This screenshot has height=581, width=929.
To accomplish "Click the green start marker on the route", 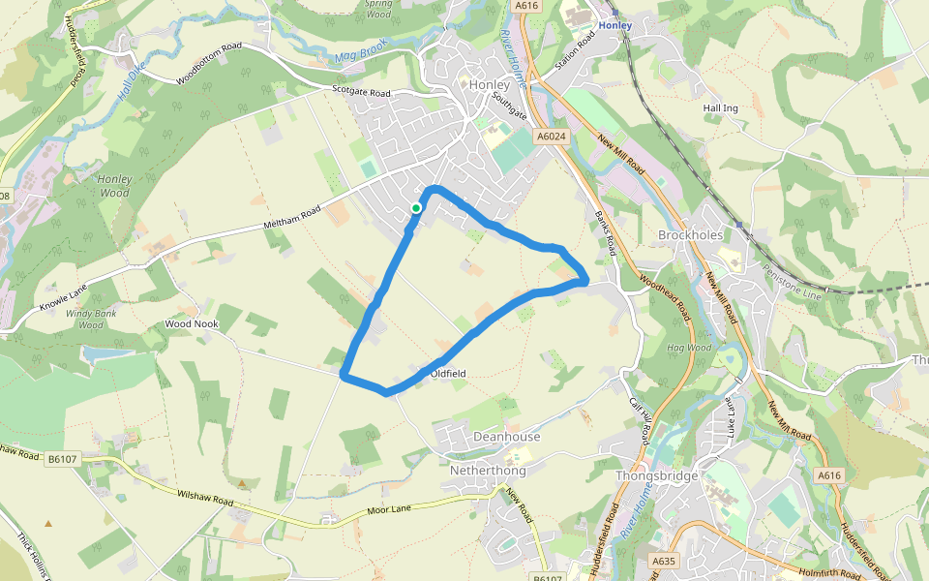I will coord(416,207).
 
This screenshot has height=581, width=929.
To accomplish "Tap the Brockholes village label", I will coord(691,235).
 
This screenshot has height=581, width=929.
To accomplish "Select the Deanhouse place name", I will coord(506,437).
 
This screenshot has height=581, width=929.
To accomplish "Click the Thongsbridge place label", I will coord(657,476).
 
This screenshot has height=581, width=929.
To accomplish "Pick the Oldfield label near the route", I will coord(448,373).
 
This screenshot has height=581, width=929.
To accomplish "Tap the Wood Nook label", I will coord(191,324).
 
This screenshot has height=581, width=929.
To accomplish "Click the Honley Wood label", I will coord(114,186).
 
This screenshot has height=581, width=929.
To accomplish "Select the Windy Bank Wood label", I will coord(90,319).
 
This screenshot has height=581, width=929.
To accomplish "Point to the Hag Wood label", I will coord(689,348).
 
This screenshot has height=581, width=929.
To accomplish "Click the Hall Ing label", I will coord(720,108).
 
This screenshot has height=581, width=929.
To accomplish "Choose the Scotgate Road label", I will coord(360,93).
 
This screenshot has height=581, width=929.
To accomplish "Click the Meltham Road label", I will coord(291,218).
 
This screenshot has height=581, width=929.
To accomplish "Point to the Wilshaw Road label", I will coord(205,499).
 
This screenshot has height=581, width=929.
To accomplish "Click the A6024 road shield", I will coord(551,137).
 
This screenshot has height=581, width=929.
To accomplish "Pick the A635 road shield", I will coord(663,561).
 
